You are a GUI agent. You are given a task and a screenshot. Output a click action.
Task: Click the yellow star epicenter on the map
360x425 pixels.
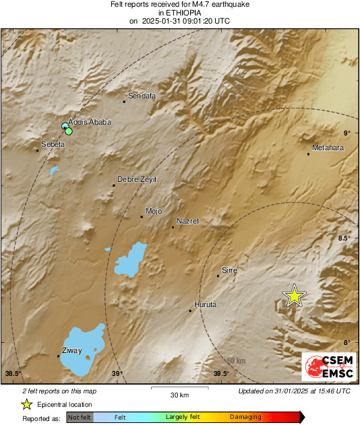pyautogui.click(x=294, y=296)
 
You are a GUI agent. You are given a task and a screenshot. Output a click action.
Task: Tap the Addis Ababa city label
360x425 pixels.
pyautogui.click(x=90, y=122)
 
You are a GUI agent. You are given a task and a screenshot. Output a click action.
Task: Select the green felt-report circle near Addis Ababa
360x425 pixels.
pyautogui.click(x=69, y=131)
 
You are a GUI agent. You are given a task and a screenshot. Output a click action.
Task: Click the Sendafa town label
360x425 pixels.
pyautogui.click(x=142, y=96)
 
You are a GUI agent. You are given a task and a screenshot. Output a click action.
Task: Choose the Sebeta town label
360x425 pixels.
pyautogui.click(x=53, y=145)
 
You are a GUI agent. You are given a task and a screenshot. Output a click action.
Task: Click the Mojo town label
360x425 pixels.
pyautogui.click(x=154, y=211)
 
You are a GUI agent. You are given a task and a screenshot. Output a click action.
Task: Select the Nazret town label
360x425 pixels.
pyautogui.click(x=188, y=221)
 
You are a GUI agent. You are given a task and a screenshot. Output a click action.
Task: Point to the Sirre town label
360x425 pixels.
pyautogui.click(x=230, y=269)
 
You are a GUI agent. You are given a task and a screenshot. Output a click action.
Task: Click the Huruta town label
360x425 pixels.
pyautogui.click(x=205, y=305)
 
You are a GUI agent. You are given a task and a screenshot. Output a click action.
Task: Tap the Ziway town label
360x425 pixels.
pyautogui.click(x=71, y=351)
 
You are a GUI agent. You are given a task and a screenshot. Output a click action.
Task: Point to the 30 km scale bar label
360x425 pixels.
pyautogui.click(x=179, y=394)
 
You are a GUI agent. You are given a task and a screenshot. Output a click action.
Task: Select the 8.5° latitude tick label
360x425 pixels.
pyautogui.click(x=345, y=238)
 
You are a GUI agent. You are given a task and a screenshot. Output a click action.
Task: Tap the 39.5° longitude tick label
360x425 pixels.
pyautogui.click(x=221, y=374)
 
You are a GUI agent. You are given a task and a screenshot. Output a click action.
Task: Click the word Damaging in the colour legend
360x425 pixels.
pyautogui.click(x=245, y=418)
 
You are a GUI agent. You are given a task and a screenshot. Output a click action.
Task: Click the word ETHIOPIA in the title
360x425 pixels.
pyautogui.click(x=179, y=13)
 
